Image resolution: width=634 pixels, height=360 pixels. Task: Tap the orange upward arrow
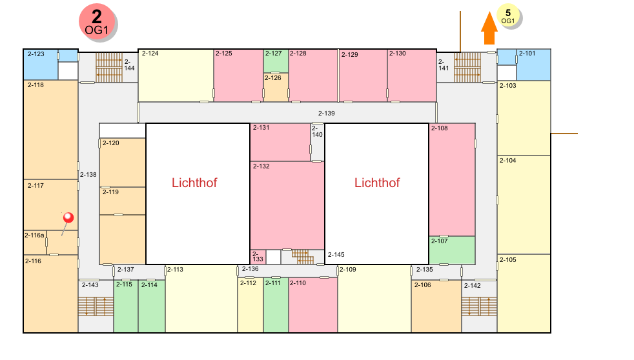pyautogui.click(x=489, y=28)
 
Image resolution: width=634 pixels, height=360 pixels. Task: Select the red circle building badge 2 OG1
pyautogui.click(x=97, y=22)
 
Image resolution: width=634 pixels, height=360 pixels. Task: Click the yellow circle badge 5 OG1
pyautogui.click(x=508, y=15)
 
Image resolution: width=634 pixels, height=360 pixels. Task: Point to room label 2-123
pyautogui.click(x=36, y=54)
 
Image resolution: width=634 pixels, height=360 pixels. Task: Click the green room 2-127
pyautogui.click(x=276, y=61)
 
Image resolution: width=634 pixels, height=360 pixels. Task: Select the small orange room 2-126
pyautogui.click(x=276, y=87)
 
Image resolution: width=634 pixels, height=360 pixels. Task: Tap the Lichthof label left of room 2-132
pyautogui.click(x=194, y=183)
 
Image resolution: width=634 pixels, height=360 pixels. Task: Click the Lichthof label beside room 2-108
pyautogui.click(x=377, y=183)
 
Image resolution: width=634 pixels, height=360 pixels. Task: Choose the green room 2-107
pyautogui.click(x=452, y=250)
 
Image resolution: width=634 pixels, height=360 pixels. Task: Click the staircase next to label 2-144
pyautogui.click(x=109, y=68)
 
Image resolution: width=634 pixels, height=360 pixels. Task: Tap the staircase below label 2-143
pyautogui.click(x=96, y=306)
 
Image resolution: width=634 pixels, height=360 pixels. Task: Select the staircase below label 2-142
pyautogui.click(x=479, y=306)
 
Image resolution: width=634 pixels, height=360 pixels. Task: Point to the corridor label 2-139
pyautogui.click(x=326, y=114)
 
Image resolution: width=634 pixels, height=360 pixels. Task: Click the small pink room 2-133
pyautogui.click(x=258, y=257)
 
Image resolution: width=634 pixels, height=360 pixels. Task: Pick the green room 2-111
pyautogui.click(x=276, y=305)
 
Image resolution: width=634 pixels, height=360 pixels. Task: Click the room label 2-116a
pyautogui.click(x=34, y=235)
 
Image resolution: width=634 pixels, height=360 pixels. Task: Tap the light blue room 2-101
pyautogui.click(x=534, y=65)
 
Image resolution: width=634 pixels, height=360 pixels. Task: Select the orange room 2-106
pyautogui.click(x=436, y=306)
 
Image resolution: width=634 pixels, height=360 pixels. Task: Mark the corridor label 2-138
pyautogui.click(x=88, y=175)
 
